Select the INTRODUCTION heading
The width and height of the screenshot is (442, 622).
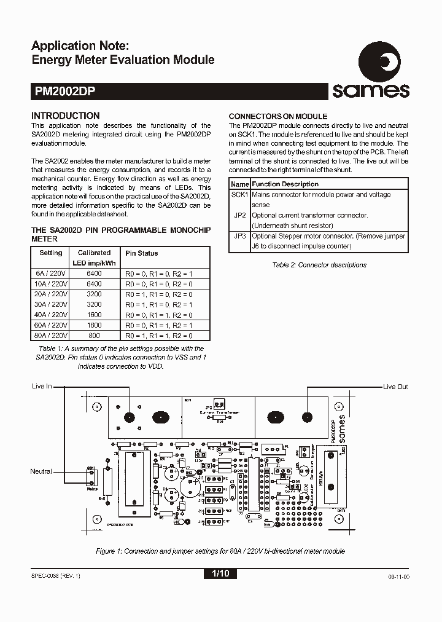pos(65,116)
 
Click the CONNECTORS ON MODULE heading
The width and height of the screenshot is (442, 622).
pos(277,116)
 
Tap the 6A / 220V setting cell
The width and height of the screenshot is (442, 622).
pos(51,274)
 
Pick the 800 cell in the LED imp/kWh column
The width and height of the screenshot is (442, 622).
pos(95,336)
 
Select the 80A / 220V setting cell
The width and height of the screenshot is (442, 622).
pos(51,336)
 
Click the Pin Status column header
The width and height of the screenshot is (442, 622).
pos(142,253)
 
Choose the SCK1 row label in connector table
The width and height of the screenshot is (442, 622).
pos(239,194)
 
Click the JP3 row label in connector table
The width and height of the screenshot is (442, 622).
pos(239,236)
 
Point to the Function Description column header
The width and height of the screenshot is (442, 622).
pos(285,184)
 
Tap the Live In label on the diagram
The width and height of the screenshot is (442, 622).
pos(42,387)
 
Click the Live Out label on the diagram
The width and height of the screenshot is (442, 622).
pos(395,387)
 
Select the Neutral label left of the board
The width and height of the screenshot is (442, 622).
pos(41,471)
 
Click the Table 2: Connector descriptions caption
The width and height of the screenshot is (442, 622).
pos(319,265)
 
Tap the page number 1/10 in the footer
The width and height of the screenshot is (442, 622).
pos(220,573)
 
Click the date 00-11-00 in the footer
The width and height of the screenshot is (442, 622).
pos(398,577)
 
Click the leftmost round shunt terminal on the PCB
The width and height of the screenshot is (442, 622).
pos(130,417)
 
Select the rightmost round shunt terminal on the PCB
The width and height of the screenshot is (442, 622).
pos(306,417)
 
